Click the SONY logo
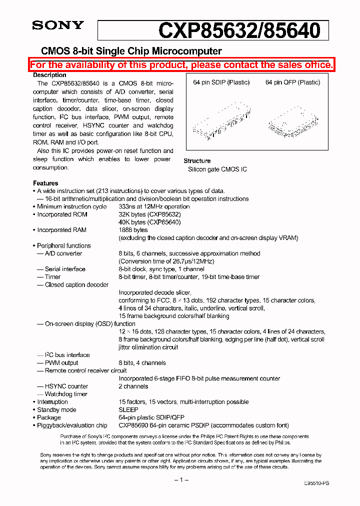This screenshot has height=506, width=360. click(x=57, y=25)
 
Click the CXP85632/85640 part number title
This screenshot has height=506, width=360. click(x=239, y=30)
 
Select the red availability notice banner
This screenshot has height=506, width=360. click(x=181, y=65)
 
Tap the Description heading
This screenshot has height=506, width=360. click(x=49, y=75)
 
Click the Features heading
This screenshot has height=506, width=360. click(x=45, y=183)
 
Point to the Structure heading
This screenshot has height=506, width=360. click(x=197, y=161)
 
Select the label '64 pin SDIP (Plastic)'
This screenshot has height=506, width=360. click(x=221, y=82)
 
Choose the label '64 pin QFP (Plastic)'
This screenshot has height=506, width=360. click(x=292, y=82)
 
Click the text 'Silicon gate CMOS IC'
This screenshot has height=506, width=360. click(x=217, y=169)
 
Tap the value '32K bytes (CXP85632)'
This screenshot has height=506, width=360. click(x=149, y=214)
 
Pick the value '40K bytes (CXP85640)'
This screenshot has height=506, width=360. click(x=149, y=222)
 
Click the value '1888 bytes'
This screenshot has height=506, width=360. click(x=133, y=230)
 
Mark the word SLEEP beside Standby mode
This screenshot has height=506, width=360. click(x=128, y=409)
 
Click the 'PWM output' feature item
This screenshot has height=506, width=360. click(x=61, y=363)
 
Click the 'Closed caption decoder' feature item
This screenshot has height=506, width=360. click(x=76, y=284)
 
